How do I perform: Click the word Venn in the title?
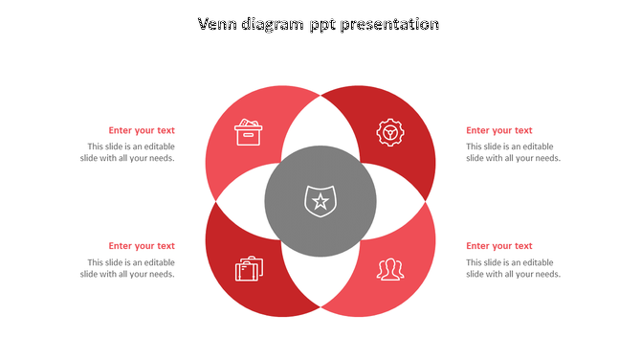pos(219,24)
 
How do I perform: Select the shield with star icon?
pos(320,201)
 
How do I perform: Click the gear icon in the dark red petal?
pos(388,132)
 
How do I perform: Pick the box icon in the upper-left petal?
pos(249,132)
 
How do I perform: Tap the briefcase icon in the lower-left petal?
pos(249,269)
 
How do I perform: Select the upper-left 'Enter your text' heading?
pos(142,130)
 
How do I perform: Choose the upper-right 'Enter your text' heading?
pos(499,130)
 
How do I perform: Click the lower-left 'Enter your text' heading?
pos(142,246)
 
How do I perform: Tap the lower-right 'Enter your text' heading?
pos(499,246)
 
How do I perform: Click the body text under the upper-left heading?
pos(128,152)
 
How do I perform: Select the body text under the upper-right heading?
pos(513,152)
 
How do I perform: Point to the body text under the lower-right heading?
pos(513,268)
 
